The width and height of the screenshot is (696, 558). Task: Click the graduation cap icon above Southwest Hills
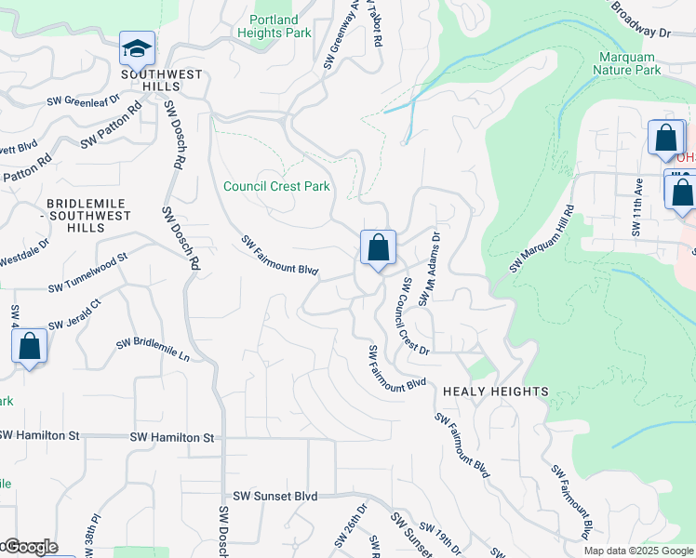pyautogui.click(x=137, y=48)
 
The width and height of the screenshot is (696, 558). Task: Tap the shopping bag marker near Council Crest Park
pyautogui.click(x=378, y=248)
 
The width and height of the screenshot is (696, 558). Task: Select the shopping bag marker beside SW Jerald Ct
pyautogui.click(x=30, y=347)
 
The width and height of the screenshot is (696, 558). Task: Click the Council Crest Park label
pyautogui.click(x=276, y=186)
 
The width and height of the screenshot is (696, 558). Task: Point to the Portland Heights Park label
pyautogui.click(x=274, y=27)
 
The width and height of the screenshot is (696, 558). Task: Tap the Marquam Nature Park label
pyautogui.click(x=628, y=63)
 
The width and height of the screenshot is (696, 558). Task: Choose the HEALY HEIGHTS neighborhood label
pyautogui.click(x=495, y=392)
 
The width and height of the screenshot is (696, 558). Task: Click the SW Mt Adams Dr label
pyautogui.click(x=428, y=269)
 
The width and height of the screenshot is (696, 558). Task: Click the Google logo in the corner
pyautogui.click(x=30, y=547)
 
